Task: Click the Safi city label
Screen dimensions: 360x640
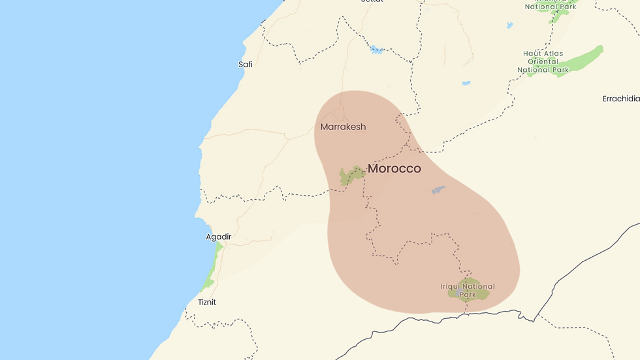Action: [x=246, y=64]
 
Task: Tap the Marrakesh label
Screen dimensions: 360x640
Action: [x=343, y=127]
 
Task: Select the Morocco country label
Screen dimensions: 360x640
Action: [x=394, y=169]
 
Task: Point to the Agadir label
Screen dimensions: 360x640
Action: [x=219, y=237]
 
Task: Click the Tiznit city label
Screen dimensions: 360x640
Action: [x=207, y=303]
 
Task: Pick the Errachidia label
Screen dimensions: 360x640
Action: [x=620, y=99]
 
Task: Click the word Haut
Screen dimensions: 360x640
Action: [x=534, y=54]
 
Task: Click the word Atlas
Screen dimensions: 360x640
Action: [x=553, y=54]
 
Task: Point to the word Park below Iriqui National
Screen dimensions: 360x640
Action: [x=468, y=295]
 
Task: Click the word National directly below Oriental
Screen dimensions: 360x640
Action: [x=534, y=70]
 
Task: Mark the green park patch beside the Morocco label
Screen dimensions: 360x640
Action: [x=351, y=175]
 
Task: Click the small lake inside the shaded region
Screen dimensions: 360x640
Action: [x=438, y=190]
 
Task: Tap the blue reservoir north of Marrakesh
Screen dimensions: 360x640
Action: [x=376, y=50]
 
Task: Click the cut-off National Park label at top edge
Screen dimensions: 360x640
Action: [x=551, y=7]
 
